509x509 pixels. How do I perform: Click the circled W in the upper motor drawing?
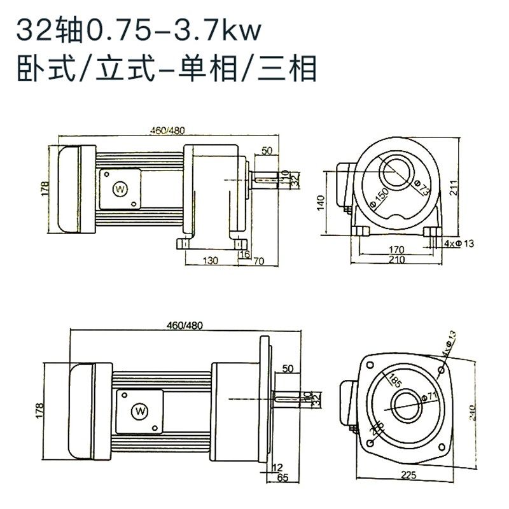pos(120,188)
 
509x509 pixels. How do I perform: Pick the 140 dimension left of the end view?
pos(321,202)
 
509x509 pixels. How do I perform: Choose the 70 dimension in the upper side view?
pos(258,261)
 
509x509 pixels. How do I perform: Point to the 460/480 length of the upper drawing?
pos(167,130)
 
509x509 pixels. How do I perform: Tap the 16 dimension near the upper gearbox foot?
pos(244,254)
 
